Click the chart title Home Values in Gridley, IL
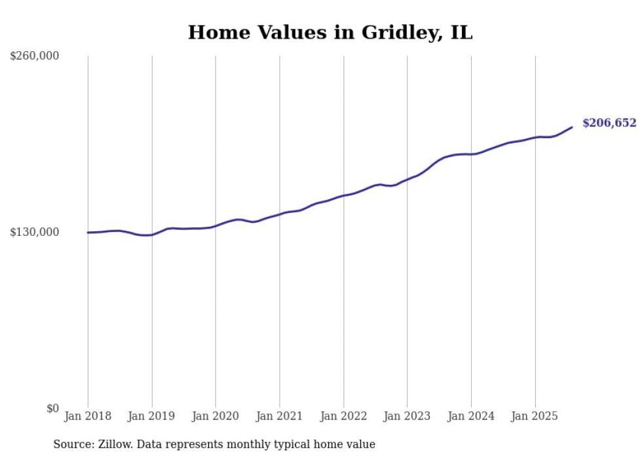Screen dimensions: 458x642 pyautogui.click(x=330, y=32)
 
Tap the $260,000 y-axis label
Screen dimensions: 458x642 pyautogui.click(x=35, y=56)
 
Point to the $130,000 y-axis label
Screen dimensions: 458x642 pyautogui.click(x=35, y=232)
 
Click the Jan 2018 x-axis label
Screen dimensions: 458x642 pyautogui.click(x=88, y=416)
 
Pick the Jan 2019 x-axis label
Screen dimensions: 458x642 pyautogui.click(x=152, y=416)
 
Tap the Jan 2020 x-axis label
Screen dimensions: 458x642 pyautogui.click(x=216, y=416)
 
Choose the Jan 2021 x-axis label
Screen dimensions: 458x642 pyautogui.click(x=280, y=416)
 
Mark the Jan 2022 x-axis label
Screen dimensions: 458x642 pyautogui.click(x=343, y=416)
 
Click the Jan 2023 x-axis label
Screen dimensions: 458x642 pyautogui.click(x=407, y=416)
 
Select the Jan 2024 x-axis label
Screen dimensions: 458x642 pyautogui.click(x=471, y=416)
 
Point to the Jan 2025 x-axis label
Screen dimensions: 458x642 pyautogui.click(x=535, y=416)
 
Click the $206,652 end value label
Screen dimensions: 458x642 pyautogui.click(x=609, y=123)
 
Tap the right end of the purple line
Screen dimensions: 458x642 pyautogui.click(x=572, y=127)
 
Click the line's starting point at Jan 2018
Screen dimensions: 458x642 pyautogui.click(x=88, y=233)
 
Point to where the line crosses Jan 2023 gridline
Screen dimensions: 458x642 pyautogui.click(x=407, y=179)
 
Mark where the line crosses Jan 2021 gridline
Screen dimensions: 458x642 pyautogui.click(x=280, y=214)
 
